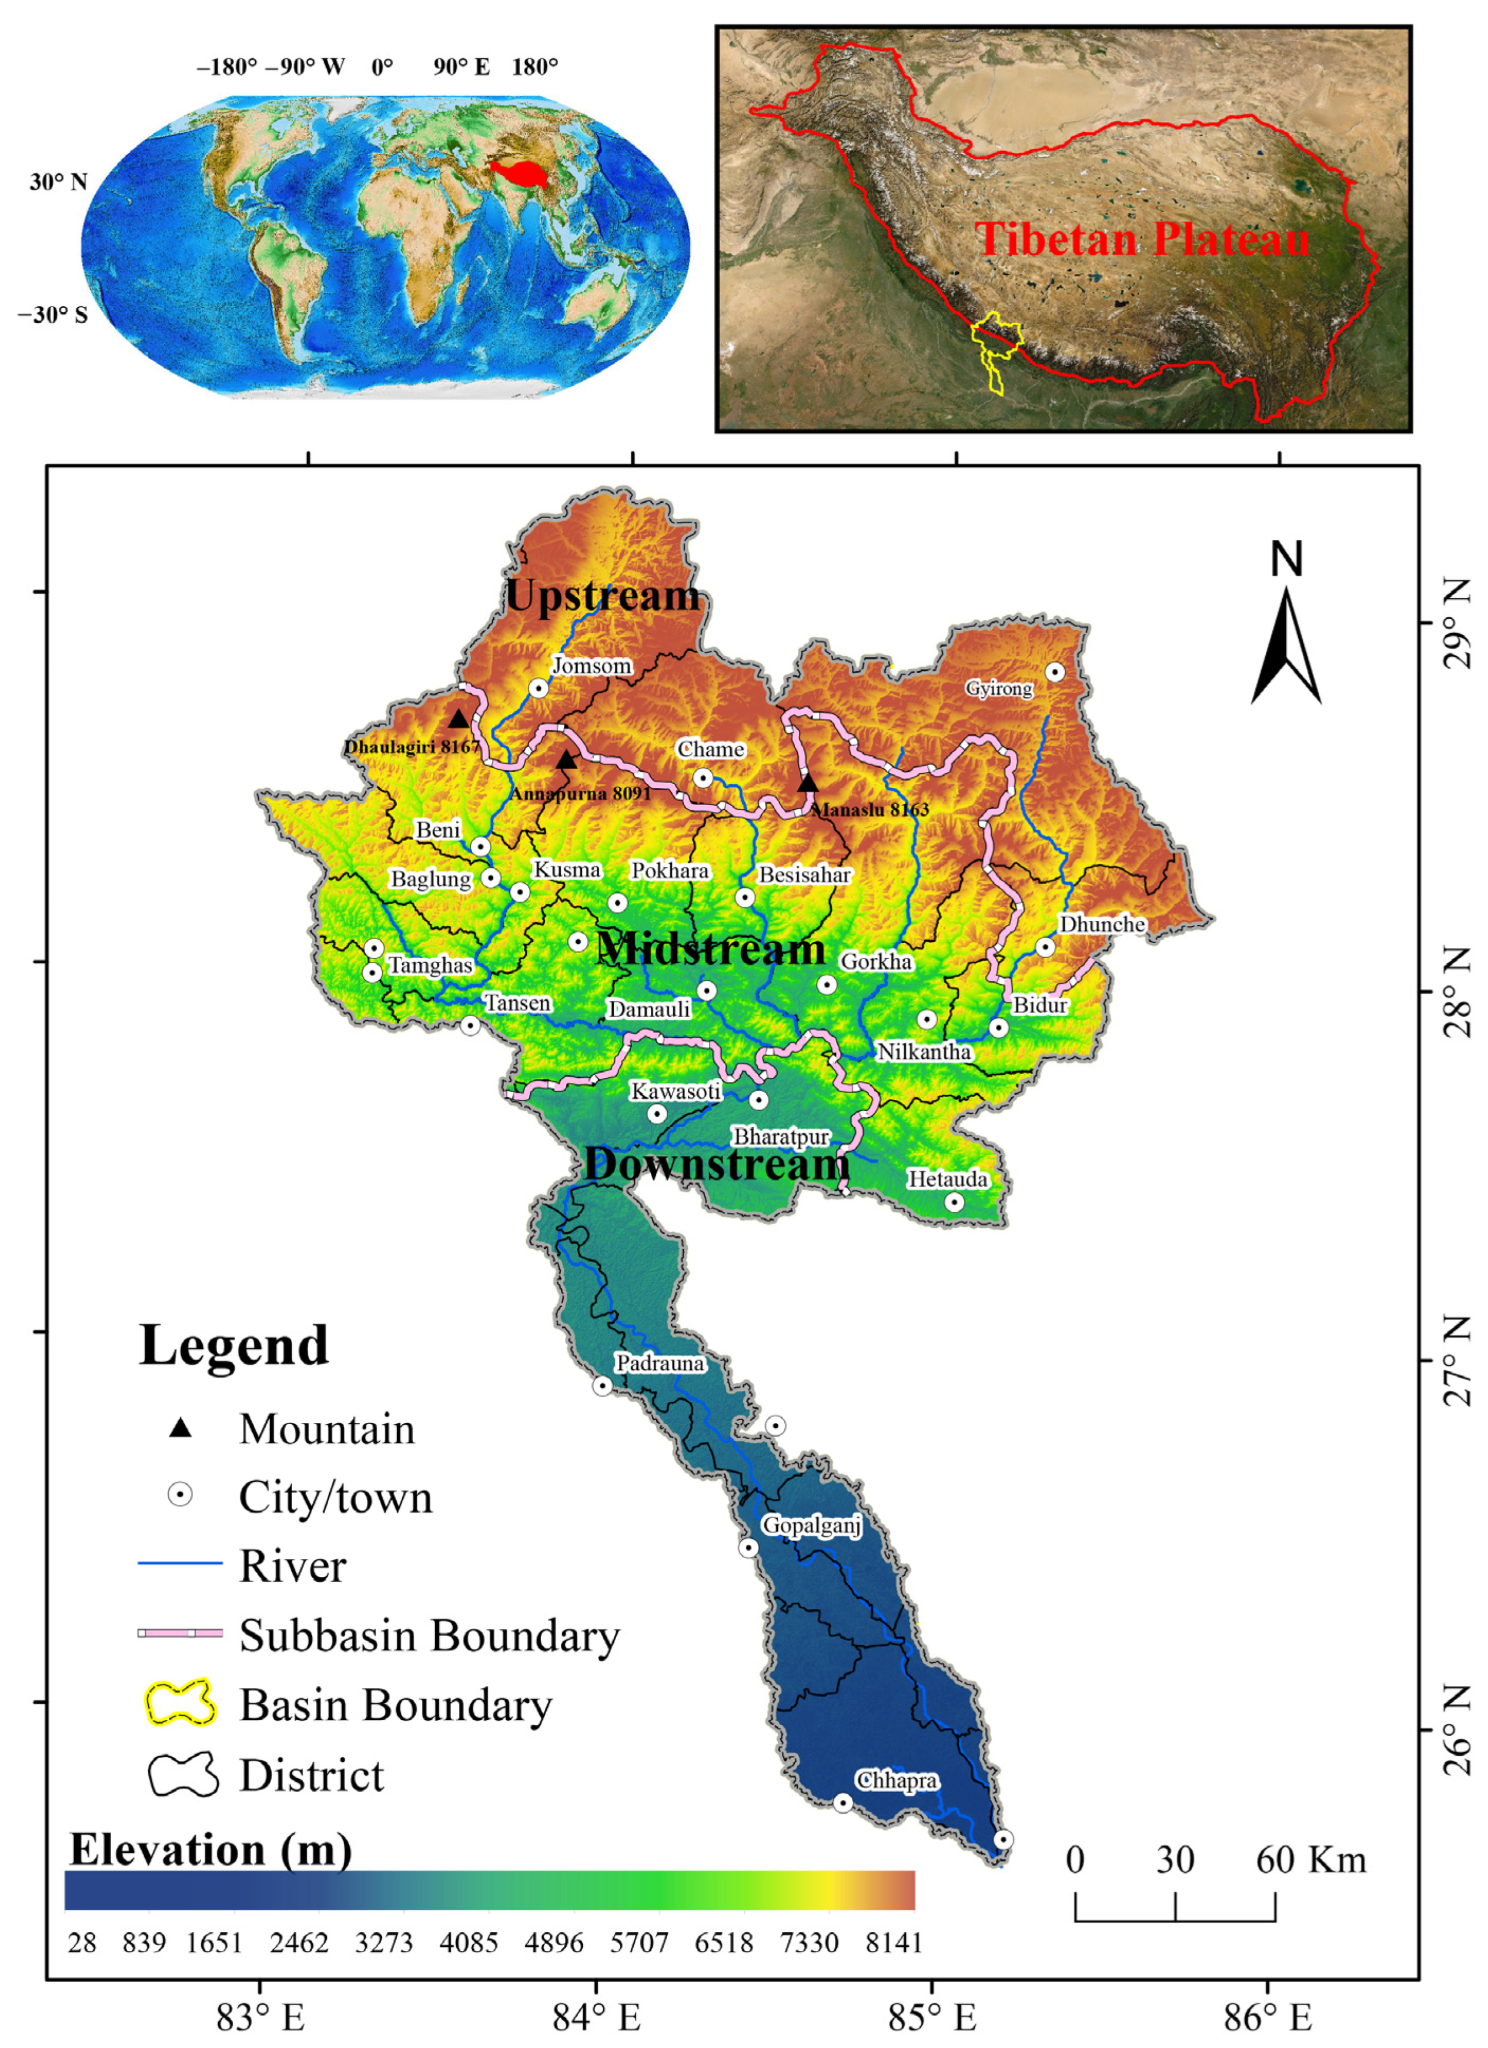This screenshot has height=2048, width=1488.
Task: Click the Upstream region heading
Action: [x=602, y=596]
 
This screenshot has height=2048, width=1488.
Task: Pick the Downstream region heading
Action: [x=716, y=1164]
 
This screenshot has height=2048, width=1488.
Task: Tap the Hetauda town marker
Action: [x=954, y=1202]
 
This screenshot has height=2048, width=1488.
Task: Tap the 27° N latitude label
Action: [x=1456, y=1360]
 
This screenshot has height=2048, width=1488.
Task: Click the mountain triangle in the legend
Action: [x=180, y=1428]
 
